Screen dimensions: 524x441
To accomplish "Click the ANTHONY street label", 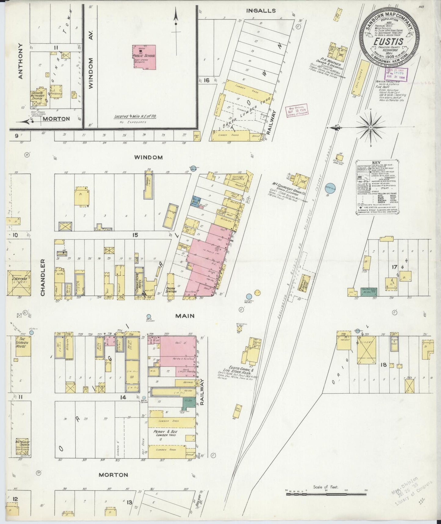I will [x=21, y=61].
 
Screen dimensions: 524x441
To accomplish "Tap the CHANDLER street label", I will [x=42, y=278].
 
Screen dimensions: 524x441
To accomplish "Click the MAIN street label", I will [x=185, y=316].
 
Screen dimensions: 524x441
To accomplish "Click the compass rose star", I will [x=370, y=127].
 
